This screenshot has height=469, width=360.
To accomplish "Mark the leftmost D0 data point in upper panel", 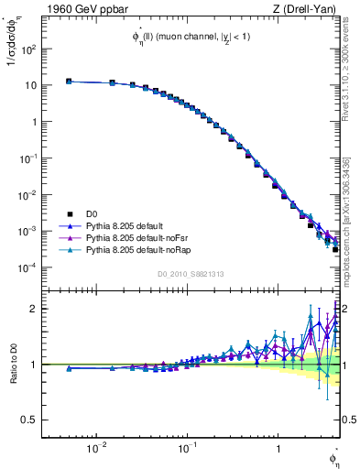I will (69, 82).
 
